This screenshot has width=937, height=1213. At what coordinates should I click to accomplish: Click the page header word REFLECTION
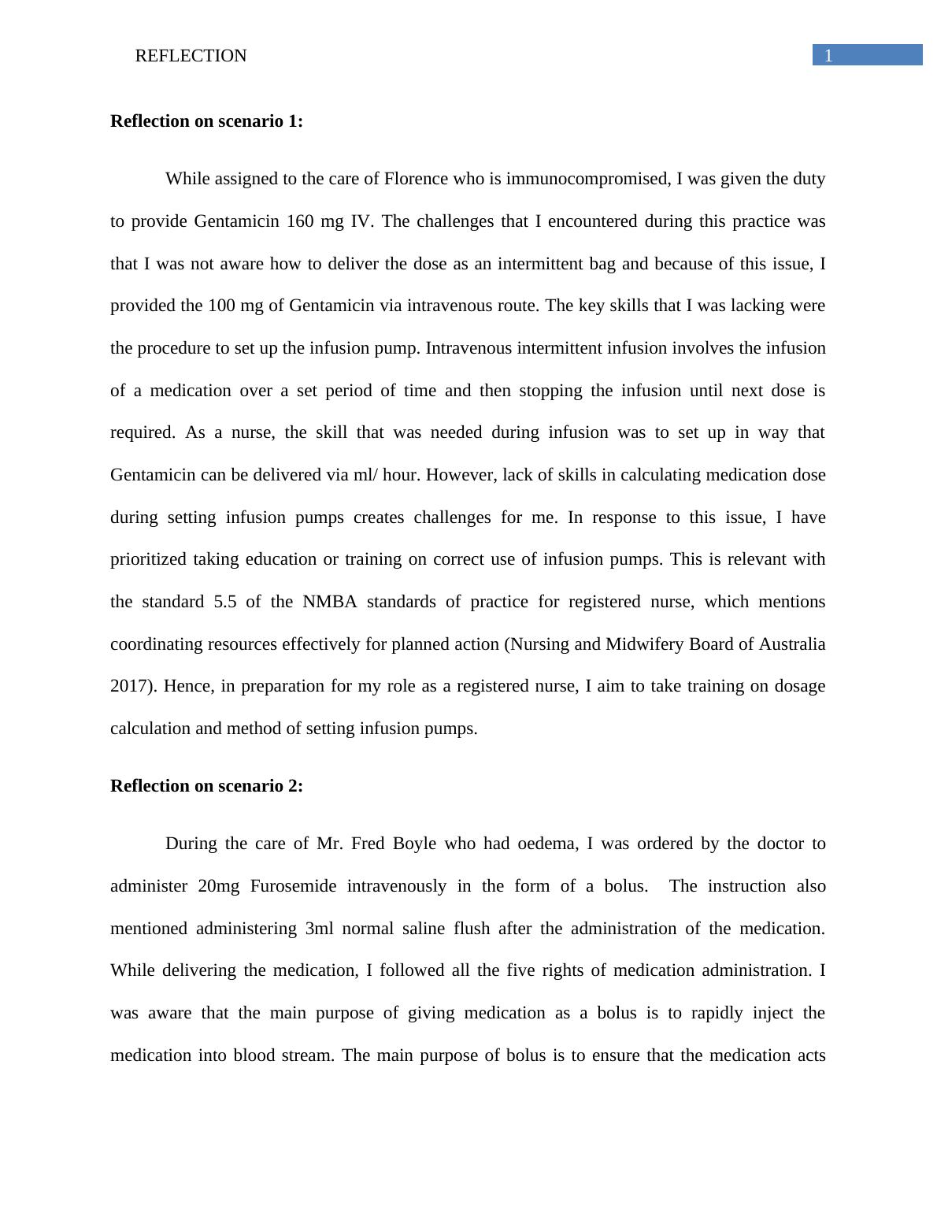(x=191, y=56)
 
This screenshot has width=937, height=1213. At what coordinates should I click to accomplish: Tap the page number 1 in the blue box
(x=828, y=55)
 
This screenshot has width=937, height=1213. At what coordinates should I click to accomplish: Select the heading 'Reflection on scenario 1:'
(x=206, y=121)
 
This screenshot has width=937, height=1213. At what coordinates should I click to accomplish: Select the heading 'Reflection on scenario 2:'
(x=206, y=786)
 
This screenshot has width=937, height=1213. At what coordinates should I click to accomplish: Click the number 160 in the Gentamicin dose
(x=300, y=221)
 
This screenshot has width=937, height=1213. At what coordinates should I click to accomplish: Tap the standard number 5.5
(x=225, y=602)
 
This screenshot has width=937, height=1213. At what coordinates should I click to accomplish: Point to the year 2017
(x=130, y=686)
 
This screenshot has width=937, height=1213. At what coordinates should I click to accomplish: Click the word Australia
(x=792, y=644)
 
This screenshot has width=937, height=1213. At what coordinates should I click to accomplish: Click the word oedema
(x=547, y=844)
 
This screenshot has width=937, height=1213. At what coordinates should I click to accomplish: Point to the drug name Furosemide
(x=293, y=886)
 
